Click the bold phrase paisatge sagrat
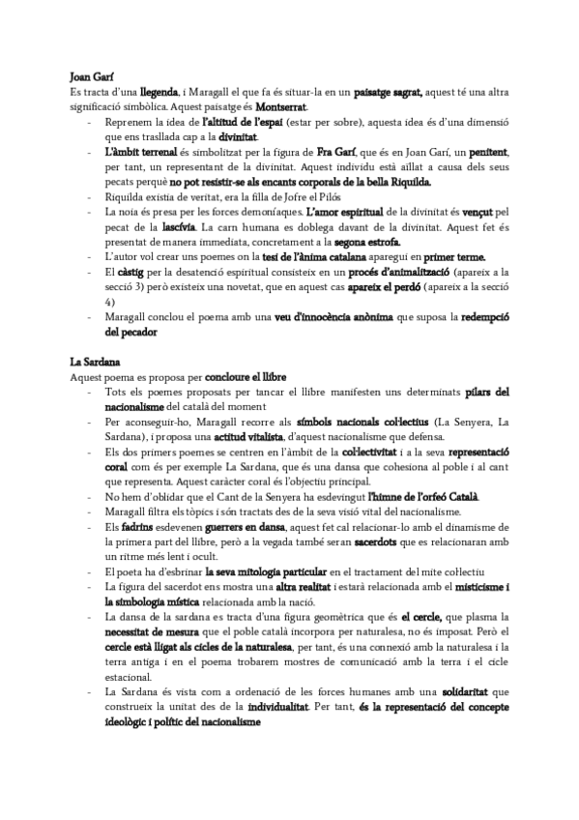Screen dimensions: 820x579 click(388, 91)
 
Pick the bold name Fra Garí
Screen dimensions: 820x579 click(338, 152)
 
